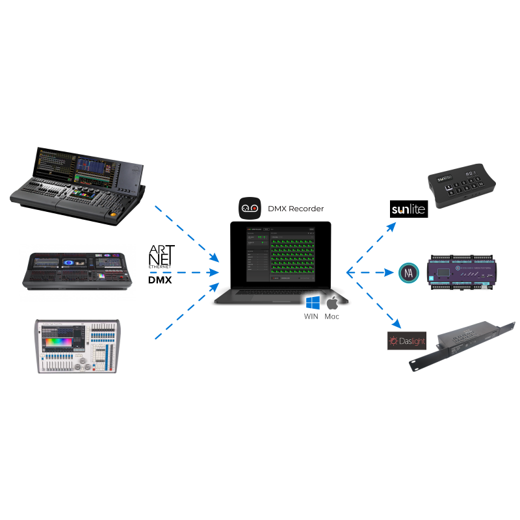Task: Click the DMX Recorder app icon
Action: [x=250, y=208]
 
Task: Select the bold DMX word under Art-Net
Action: [x=161, y=281]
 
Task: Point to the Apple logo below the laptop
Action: [x=332, y=303]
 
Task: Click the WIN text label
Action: [x=313, y=317]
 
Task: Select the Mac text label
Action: [x=331, y=317]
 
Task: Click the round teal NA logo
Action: [x=408, y=272]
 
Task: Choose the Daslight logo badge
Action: [x=406, y=341]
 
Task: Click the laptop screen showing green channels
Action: [x=280, y=254]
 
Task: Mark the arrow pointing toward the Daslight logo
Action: [x=374, y=300]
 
